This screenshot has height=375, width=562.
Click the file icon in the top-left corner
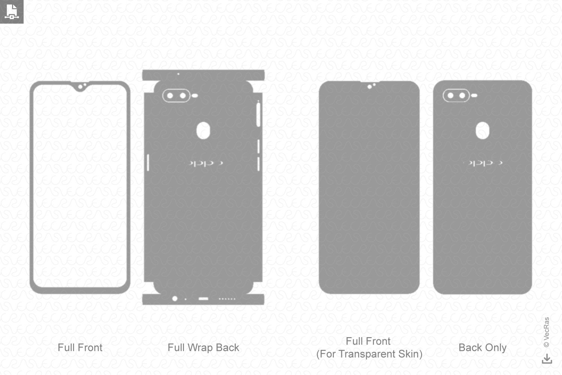point(12,12)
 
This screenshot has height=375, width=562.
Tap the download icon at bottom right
point(547,359)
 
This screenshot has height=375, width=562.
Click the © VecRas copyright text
point(546,332)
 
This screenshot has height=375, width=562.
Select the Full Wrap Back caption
point(203,348)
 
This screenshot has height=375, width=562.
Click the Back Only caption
point(482,348)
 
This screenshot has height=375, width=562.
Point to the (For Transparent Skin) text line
point(369,354)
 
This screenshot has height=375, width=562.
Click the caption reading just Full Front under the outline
point(80,348)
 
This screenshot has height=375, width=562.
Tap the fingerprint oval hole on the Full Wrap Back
point(203,130)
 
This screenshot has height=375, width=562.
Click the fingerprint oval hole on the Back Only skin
point(482,130)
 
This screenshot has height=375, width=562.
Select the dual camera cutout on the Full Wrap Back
point(176,96)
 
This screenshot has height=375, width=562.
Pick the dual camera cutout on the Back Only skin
point(456,96)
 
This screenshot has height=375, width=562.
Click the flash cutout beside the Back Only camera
point(474,96)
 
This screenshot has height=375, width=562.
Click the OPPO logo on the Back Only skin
point(483,163)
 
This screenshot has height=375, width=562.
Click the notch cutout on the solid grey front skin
point(371,86)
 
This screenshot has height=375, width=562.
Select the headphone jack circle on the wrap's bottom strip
point(175,299)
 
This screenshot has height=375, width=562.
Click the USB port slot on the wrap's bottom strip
point(203,299)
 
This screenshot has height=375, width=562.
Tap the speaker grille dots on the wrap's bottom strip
point(227,299)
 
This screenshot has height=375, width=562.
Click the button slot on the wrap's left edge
point(148,162)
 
